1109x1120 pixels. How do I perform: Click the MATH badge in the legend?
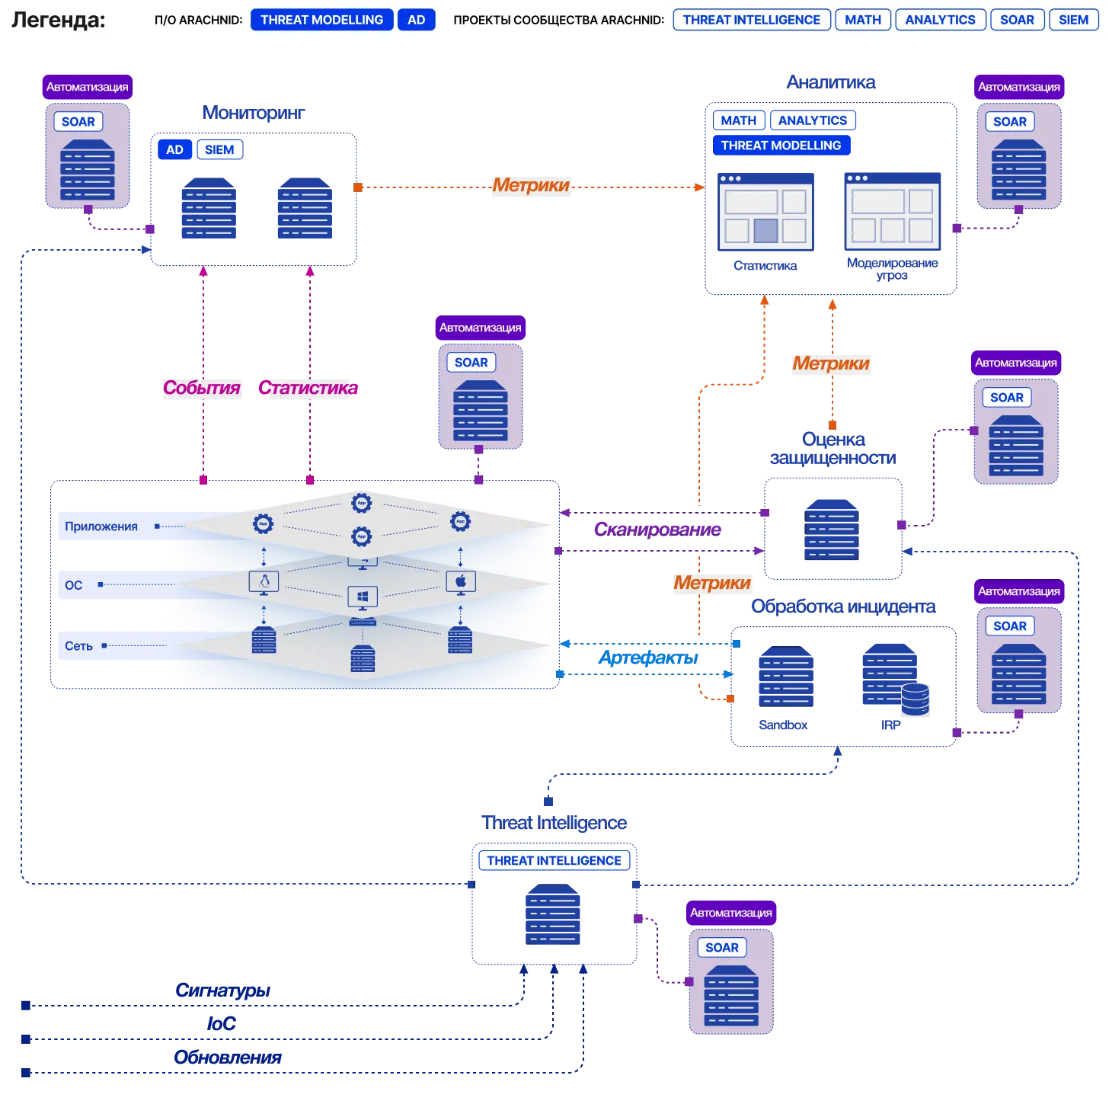862,20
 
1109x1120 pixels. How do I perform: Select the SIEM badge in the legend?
1073,20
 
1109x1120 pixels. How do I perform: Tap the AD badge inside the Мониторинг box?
174,149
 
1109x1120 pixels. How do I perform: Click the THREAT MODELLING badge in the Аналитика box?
781,146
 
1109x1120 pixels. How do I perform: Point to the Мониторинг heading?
253,112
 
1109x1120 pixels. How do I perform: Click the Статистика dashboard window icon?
765,212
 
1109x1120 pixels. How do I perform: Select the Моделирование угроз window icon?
892,210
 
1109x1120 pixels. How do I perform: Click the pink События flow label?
201,387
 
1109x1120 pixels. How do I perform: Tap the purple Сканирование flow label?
657,529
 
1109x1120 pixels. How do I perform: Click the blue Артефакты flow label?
647,658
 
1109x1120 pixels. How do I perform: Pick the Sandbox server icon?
786,676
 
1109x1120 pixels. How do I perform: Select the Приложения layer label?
101,526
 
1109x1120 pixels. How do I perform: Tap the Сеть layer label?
78,646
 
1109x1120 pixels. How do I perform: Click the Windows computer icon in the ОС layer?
362,597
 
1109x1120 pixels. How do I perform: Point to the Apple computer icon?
460,582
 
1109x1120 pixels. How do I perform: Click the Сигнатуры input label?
222,990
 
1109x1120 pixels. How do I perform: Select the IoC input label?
221,1023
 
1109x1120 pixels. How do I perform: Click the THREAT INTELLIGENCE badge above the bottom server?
553,860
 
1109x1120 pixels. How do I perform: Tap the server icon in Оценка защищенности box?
831,530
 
